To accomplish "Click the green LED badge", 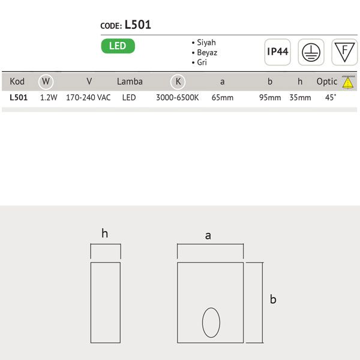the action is tap(118, 46).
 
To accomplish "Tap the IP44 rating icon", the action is tap(278, 52).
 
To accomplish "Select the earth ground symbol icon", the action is tap(311, 52).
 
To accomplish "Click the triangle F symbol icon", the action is tap(344, 52).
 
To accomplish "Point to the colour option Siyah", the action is tap(206, 43).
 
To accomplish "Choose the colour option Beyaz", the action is tap(207, 53).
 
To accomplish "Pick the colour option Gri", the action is tap(202, 62).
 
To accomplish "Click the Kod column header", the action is tap(17, 82).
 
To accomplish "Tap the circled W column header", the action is tap(46, 82).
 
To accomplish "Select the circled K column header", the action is tap(178, 82).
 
